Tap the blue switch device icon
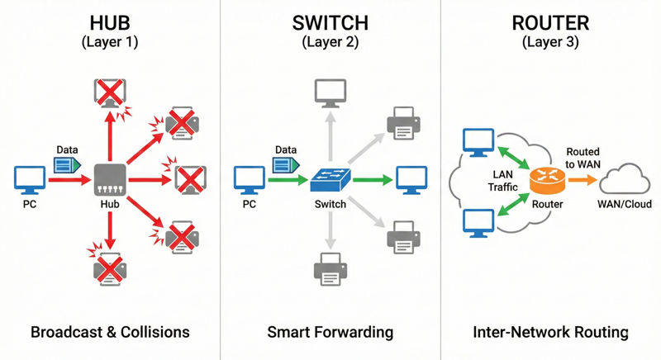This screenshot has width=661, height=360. click(x=330, y=178)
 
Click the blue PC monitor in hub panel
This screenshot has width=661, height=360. click(x=31, y=178)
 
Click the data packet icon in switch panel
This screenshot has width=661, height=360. click(x=285, y=165)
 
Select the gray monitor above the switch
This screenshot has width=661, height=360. click(x=330, y=93)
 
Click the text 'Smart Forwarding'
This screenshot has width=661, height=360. click(x=330, y=333)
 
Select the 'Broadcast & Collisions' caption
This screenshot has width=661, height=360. click(x=110, y=333)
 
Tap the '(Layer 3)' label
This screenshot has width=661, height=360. click(x=549, y=41)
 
